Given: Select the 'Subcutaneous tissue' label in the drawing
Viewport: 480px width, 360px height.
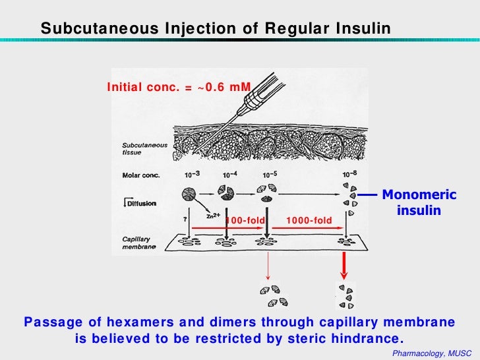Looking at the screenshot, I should (x=145, y=148).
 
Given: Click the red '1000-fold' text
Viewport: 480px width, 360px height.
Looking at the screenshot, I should (x=305, y=220).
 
